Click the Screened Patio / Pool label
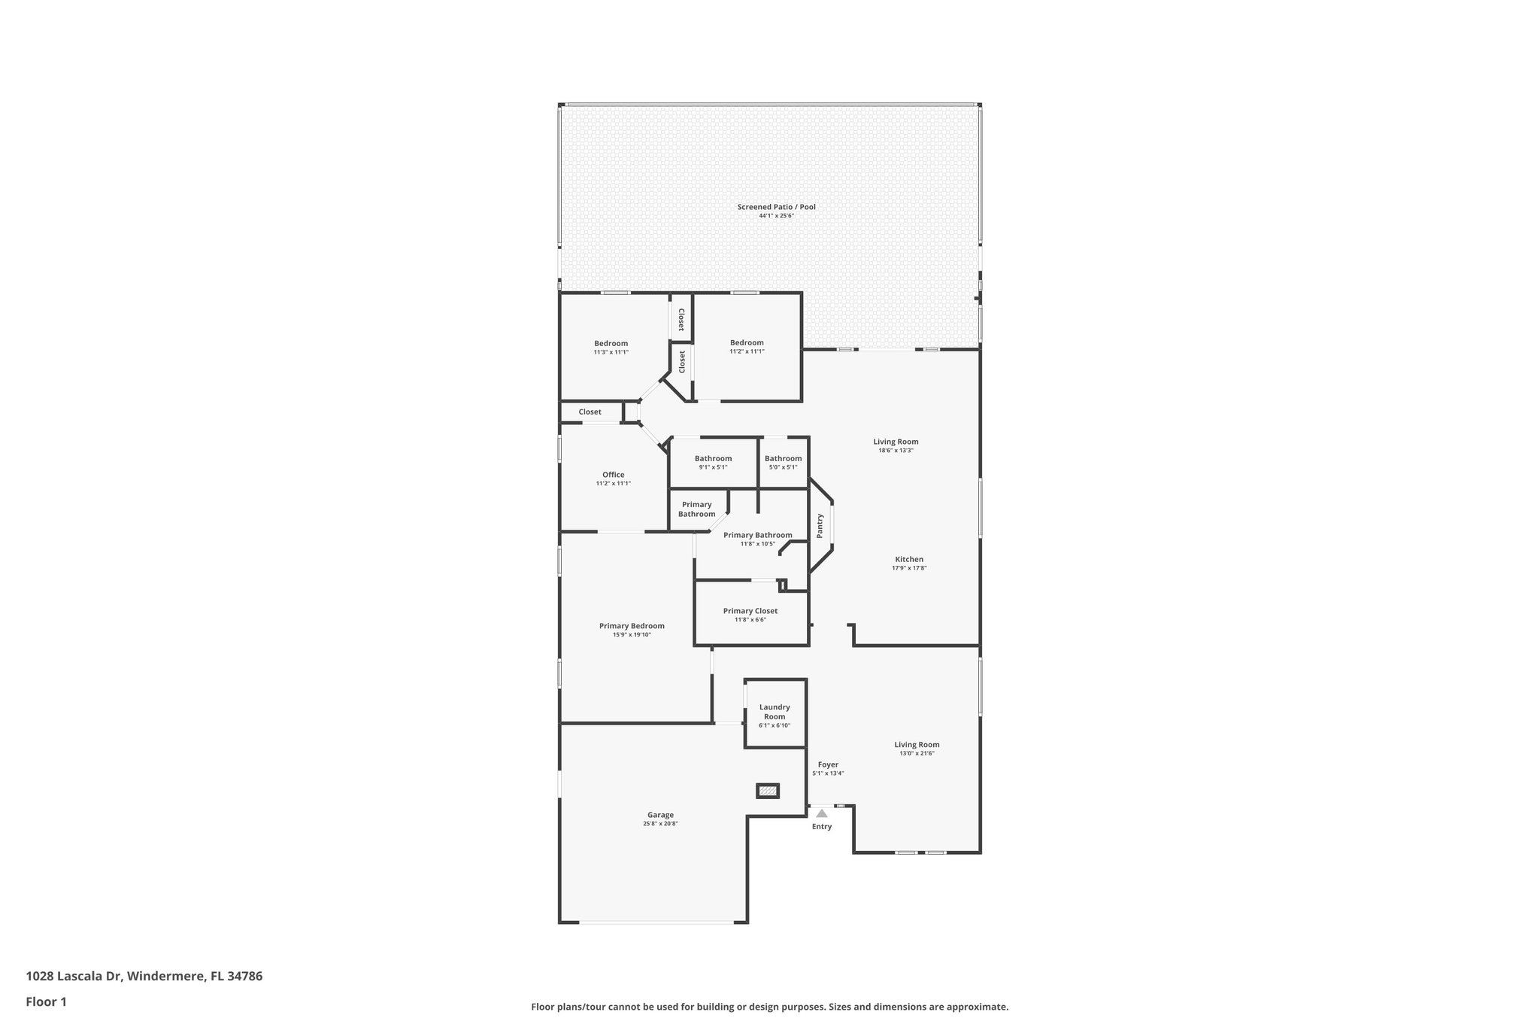[x=776, y=208]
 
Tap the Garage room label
[x=660, y=815]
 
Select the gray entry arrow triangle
[x=822, y=813]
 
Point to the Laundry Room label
[x=775, y=712]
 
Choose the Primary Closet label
[x=750, y=611]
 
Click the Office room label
[x=613, y=475]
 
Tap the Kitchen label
[x=908, y=559]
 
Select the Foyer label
[x=828, y=764]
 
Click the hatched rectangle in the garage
[x=767, y=791]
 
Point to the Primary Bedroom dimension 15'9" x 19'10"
[x=632, y=635]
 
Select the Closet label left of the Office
[x=590, y=412]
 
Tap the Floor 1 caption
[x=47, y=1001]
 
